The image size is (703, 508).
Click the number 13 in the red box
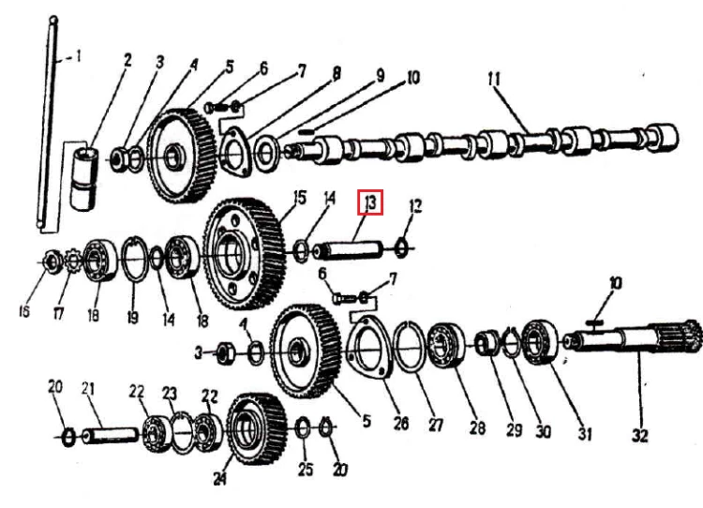pyautogui.click(x=370, y=202)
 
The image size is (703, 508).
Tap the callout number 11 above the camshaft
pyautogui.click(x=494, y=80)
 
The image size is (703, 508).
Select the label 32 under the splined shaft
pyautogui.click(x=640, y=435)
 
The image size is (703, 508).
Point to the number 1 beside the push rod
pyautogui.click(x=78, y=56)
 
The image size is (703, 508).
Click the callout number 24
pyautogui.click(x=219, y=478)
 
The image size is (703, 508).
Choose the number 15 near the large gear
pyautogui.click(x=299, y=198)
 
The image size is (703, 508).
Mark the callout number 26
pyautogui.click(x=400, y=423)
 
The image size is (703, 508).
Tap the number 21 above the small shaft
pyautogui.click(x=88, y=388)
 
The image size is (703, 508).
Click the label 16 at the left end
pyautogui.click(x=24, y=311)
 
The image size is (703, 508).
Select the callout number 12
pyautogui.click(x=415, y=206)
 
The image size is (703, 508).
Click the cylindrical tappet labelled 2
pyautogui.click(x=84, y=178)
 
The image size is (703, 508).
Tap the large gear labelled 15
pyautogui.click(x=245, y=254)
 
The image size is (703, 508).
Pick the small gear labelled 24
pyautogui.click(x=256, y=428)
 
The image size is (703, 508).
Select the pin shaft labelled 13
pyautogui.click(x=349, y=251)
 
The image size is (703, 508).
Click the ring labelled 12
pyautogui.click(x=401, y=248)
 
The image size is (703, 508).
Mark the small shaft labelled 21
pyautogui.click(x=111, y=436)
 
